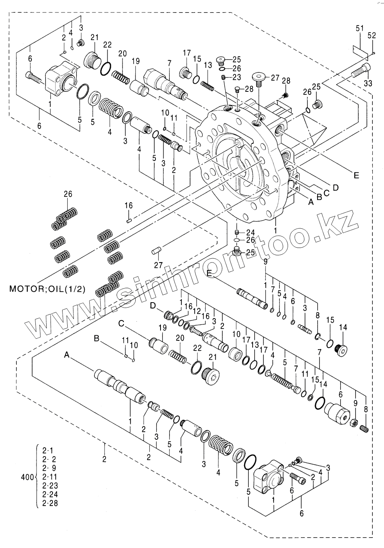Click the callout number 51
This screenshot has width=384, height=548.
(360, 29)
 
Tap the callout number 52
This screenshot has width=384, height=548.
(372, 36)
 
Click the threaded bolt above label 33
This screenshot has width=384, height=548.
(361, 70)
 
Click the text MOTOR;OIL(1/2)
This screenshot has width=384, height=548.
(47, 289)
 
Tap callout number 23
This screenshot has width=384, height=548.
(237, 77)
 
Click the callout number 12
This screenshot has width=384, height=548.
(197, 311)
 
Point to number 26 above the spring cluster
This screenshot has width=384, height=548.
(68, 194)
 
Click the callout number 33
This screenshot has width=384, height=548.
(368, 83)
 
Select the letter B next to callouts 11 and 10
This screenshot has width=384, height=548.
(97, 339)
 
